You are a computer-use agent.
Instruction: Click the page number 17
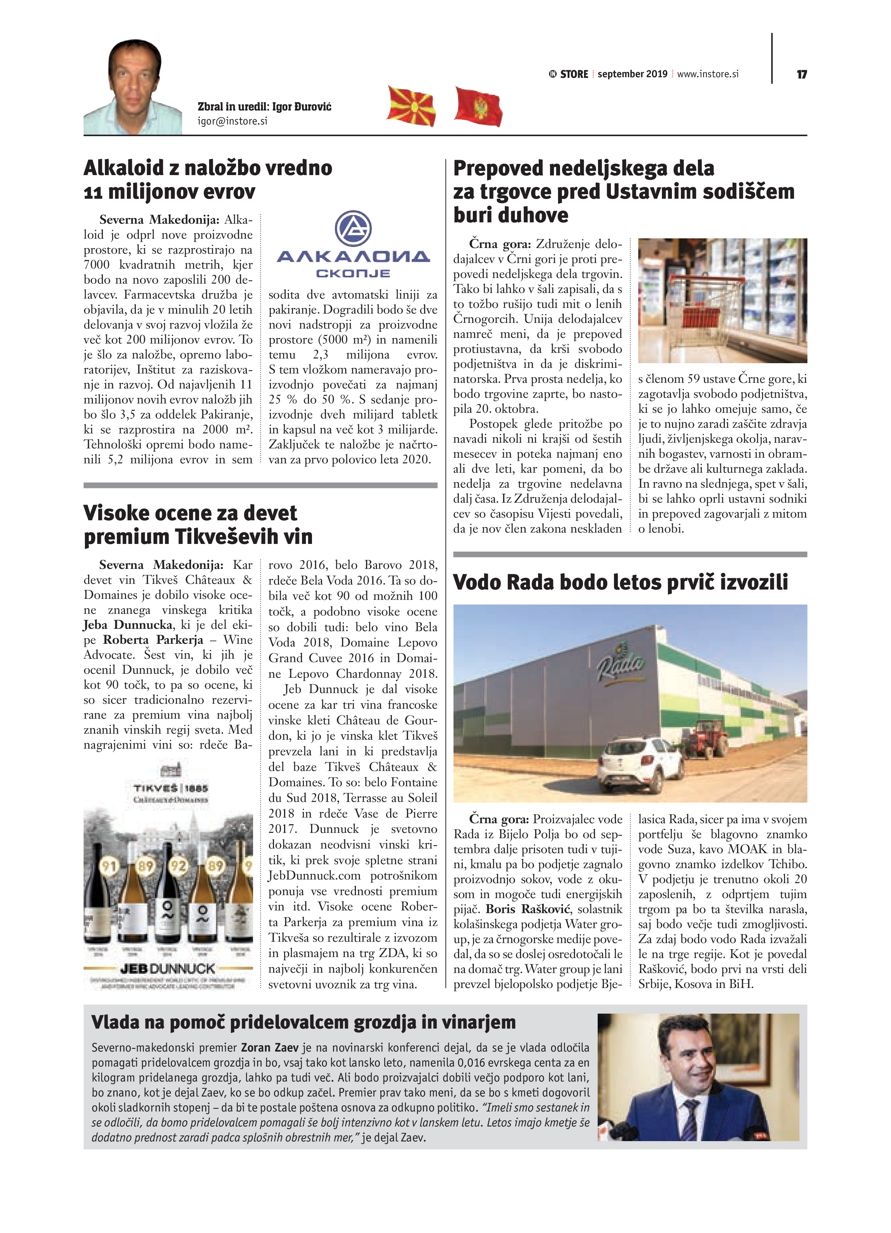pos(801,75)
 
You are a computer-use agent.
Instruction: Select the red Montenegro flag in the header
pos(478,106)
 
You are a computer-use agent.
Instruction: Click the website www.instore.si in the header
pos(708,74)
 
